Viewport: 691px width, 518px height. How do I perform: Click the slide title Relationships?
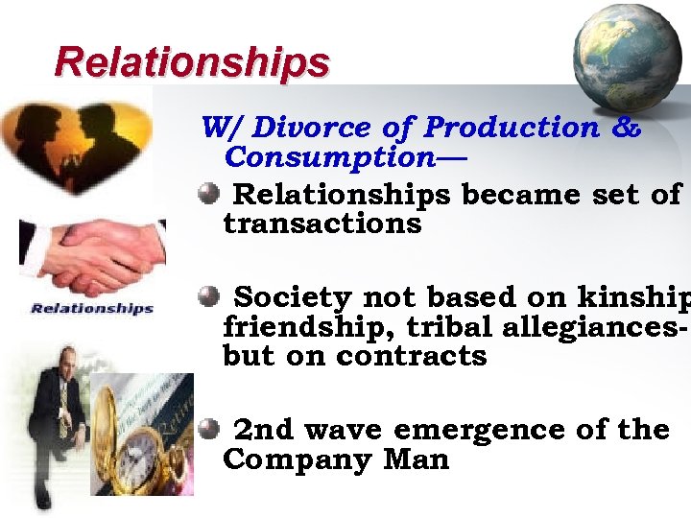click(192, 62)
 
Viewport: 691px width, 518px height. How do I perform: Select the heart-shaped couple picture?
click(77, 144)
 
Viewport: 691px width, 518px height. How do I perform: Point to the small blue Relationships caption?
click(92, 308)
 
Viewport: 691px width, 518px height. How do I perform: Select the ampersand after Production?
click(626, 127)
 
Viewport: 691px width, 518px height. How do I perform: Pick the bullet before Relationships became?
click(209, 195)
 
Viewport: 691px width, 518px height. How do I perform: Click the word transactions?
click(322, 224)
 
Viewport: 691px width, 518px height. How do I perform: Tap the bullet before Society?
click(209, 297)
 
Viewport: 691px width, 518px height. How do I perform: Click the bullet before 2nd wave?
click(209, 429)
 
